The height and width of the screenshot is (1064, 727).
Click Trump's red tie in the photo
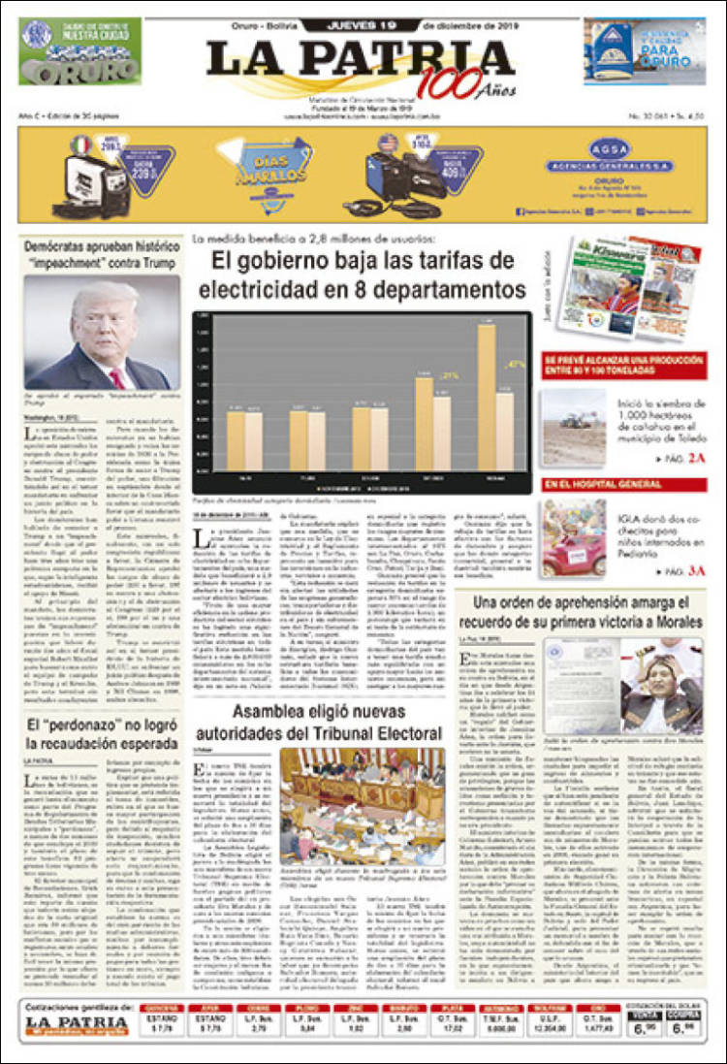point(118,377)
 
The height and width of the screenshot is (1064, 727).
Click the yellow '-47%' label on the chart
point(515,364)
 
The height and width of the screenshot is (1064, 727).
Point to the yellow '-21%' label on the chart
point(450,375)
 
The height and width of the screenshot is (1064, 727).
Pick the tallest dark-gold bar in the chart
point(486,398)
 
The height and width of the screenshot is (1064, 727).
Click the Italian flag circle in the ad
point(79,145)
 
